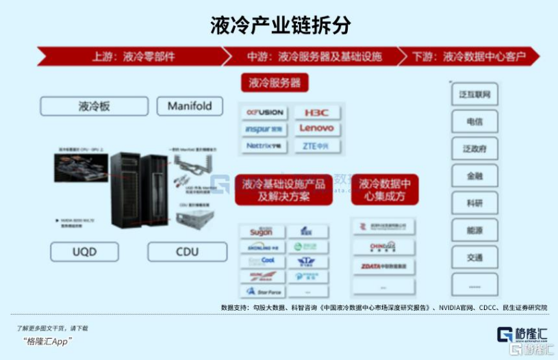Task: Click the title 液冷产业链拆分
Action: [x=280, y=25]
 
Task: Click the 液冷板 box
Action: [x=94, y=106]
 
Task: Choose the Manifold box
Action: [x=189, y=106]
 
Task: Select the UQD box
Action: [x=84, y=251]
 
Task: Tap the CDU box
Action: [x=187, y=251]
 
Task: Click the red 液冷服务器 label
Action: [x=275, y=83]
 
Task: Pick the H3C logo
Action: [x=316, y=112]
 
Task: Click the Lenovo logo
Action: [x=316, y=128]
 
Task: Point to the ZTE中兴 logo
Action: [x=316, y=146]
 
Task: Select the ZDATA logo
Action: [x=383, y=266]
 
